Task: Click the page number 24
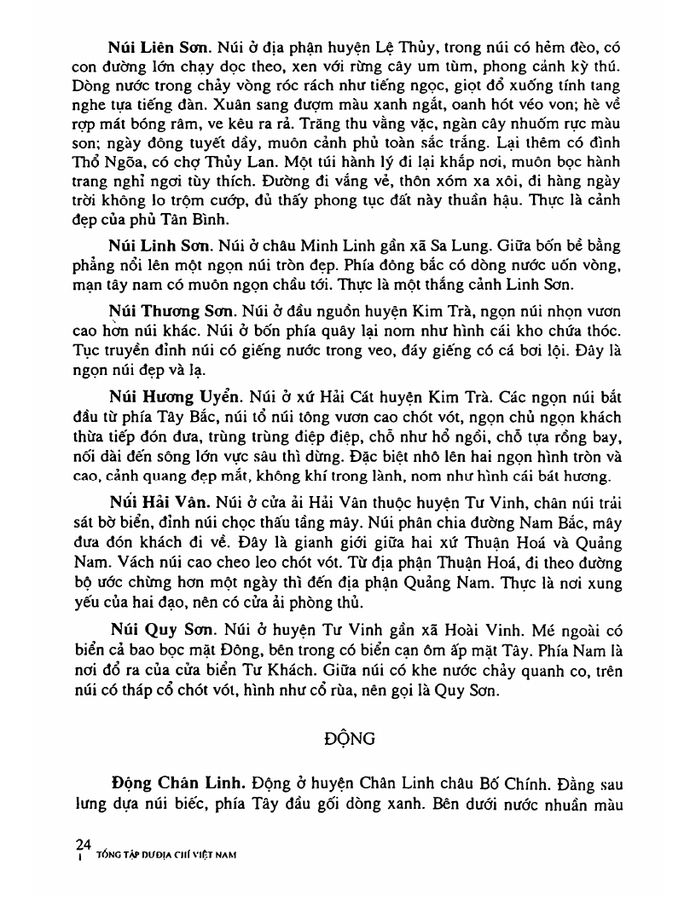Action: click(x=84, y=845)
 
